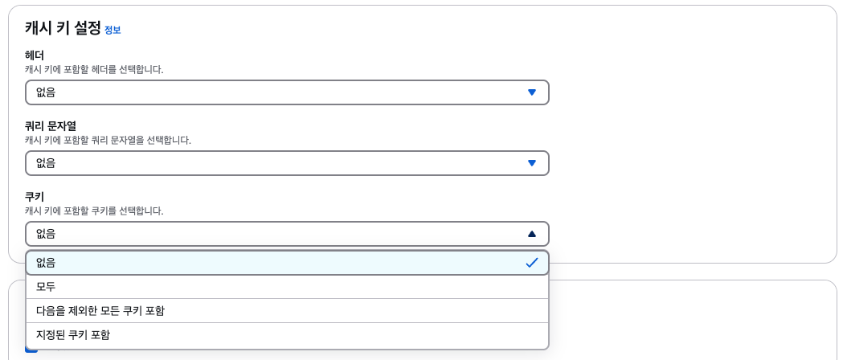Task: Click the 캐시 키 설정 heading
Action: point(63,28)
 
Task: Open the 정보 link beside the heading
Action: point(113,31)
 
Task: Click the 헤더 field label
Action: point(35,55)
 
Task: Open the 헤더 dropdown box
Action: point(273,92)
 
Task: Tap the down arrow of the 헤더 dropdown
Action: point(531,92)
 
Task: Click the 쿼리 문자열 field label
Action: point(51,126)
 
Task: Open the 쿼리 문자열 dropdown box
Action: point(273,163)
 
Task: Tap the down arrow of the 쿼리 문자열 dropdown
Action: point(531,163)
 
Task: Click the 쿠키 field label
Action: point(35,197)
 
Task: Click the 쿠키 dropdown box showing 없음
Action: point(273,234)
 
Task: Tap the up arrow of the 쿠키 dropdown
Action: point(531,234)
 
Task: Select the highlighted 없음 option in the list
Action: point(273,263)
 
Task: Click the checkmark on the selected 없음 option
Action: point(531,263)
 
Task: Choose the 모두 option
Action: point(46,287)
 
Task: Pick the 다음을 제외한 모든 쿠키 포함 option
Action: point(100,311)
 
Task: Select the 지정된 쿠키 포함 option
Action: point(73,335)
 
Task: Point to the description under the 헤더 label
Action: point(94,70)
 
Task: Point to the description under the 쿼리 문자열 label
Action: point(108,141)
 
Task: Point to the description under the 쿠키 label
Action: point(94,211)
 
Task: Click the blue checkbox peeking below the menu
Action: point(31,349)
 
